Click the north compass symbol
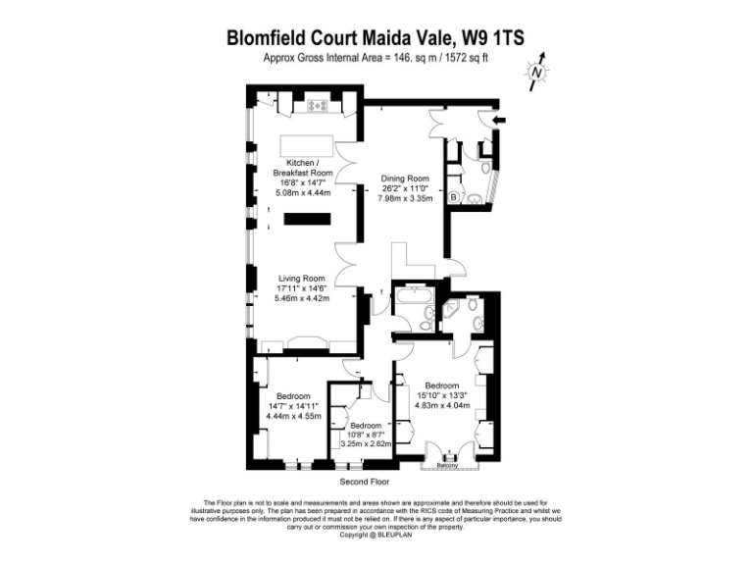(536, 72)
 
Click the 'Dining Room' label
(405, 180)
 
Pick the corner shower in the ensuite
(455, 313)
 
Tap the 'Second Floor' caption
(365, 483)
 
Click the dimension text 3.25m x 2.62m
(366, 443)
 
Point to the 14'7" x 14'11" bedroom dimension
(294, 405)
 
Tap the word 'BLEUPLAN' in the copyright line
(393, 535)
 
